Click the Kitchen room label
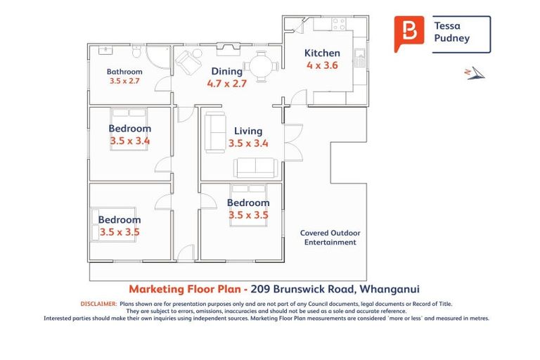322,53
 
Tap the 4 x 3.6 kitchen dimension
322,65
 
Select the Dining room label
226,71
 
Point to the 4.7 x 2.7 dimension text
226,83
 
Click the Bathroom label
124,72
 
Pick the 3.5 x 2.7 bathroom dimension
124,82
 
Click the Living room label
248,131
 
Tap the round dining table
262,67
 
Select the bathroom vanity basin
107,51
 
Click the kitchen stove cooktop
338,24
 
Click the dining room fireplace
227,48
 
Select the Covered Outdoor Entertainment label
330,238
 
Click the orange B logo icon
407,32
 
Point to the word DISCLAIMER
98,304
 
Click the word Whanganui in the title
390,289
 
